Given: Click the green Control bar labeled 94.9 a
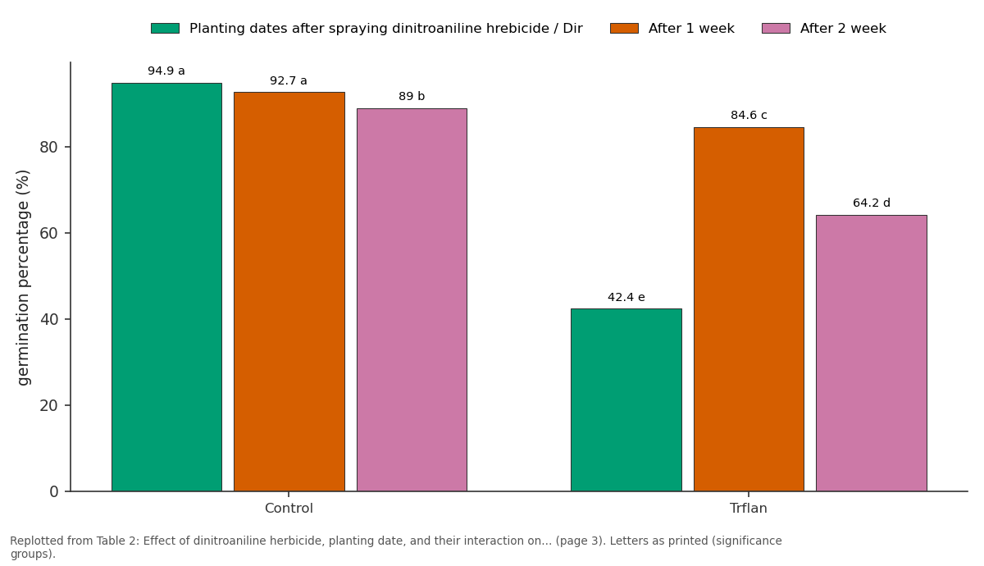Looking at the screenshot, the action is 166,287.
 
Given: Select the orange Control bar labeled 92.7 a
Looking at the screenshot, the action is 289,292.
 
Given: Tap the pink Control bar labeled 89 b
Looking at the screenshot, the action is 412,299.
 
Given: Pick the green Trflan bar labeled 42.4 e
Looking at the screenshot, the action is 626,400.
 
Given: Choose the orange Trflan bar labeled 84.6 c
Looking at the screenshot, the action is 749,309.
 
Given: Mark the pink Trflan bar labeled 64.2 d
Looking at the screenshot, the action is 871,354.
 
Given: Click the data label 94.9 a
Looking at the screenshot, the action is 166,71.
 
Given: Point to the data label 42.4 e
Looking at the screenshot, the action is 626,297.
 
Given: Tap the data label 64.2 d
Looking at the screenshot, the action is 871,203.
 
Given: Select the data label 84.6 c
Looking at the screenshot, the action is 749,115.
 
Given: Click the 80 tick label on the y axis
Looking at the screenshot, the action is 48,147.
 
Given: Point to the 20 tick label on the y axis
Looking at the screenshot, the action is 48,405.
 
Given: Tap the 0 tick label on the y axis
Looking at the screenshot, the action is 54,491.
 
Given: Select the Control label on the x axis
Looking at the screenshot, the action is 289,509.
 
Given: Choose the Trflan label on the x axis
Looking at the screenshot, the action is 748,509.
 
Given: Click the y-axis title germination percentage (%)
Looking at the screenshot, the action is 23,278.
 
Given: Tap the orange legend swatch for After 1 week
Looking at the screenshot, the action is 624,29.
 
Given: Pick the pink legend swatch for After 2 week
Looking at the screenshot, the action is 776,29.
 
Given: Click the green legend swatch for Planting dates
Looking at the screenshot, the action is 165,29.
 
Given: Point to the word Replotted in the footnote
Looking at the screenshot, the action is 37,541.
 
